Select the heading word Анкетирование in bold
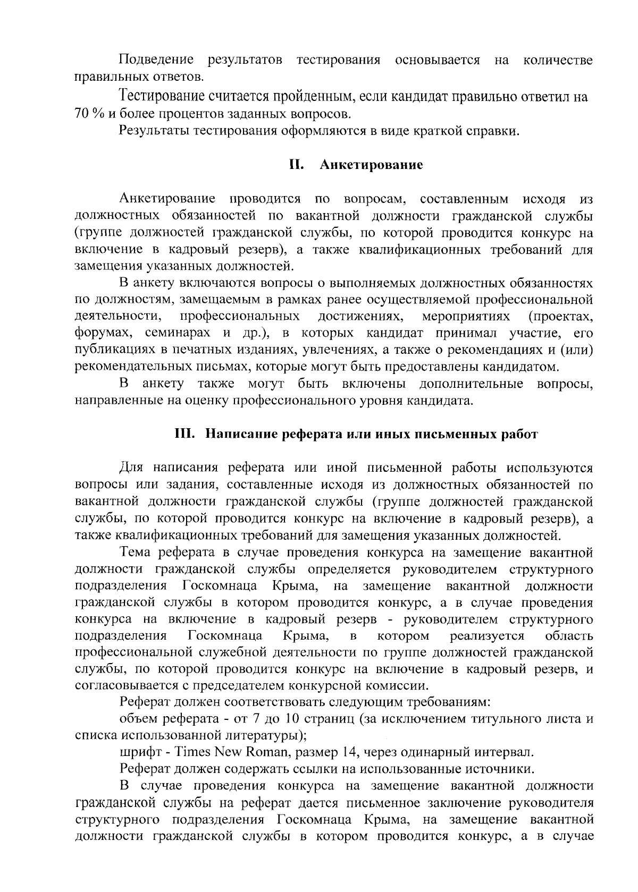tap(371, 165)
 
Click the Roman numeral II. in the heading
tap(296, 165)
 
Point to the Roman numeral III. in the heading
tap(186, 434)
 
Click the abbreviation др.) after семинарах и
tap(255, 334)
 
